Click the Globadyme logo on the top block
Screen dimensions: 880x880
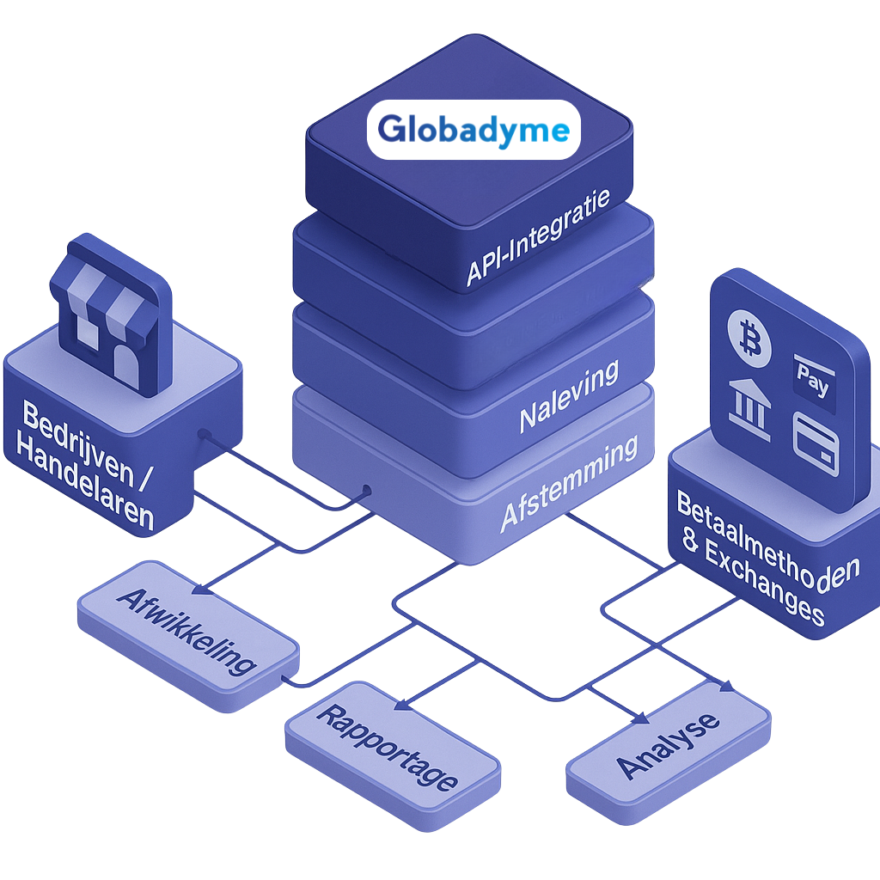[x=474, y=130]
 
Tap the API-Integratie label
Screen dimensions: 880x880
[x=538, y=237]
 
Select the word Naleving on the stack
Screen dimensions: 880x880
[x=569, y=395]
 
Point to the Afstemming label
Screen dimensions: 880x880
[x=569, y=486]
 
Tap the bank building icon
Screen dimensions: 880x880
[x=749, y=403]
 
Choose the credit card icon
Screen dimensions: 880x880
[x=816, y=443]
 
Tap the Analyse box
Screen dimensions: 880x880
[x=669, y=743]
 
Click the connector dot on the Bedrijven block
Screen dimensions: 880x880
[x=203, y=434]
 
